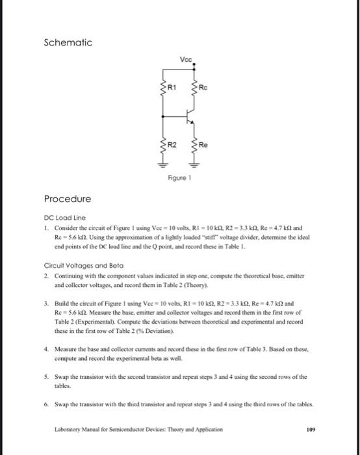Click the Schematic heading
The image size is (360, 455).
coord(68,43)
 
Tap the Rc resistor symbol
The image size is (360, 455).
coord(192,88)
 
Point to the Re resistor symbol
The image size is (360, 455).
coord(192,144)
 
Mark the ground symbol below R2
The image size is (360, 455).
coord(163,162)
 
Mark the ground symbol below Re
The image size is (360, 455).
coord(192,162)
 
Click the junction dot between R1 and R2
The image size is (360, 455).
coord(163,116)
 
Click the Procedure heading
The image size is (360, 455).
coord(68,198)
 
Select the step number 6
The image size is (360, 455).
coord(45,404)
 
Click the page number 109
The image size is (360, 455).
coord(308,430)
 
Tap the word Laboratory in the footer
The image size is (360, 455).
coord(71,430)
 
